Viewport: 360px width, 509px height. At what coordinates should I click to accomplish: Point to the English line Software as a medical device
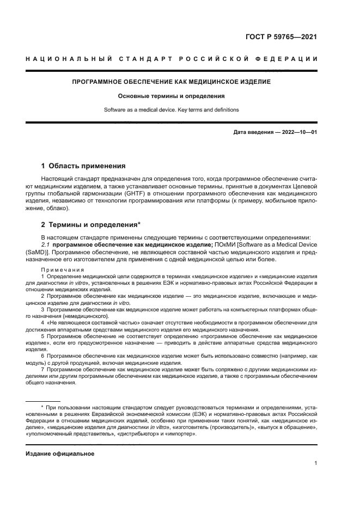(172, 109)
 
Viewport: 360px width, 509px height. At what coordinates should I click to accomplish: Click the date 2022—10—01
(297, 132)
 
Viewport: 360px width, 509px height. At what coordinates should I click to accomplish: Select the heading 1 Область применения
(83, 165)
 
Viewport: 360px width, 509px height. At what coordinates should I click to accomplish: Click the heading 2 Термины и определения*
(91, 224)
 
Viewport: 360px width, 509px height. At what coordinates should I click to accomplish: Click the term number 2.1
(47, 244)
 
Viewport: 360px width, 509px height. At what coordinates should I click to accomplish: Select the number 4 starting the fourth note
(43, 322)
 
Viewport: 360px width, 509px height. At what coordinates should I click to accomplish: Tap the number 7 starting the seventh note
(43, 369)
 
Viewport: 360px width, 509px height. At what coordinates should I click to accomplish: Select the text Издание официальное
(60, 453)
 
